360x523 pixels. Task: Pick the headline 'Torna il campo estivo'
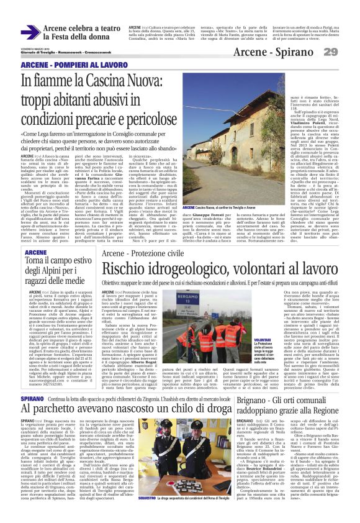[56, 261]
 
